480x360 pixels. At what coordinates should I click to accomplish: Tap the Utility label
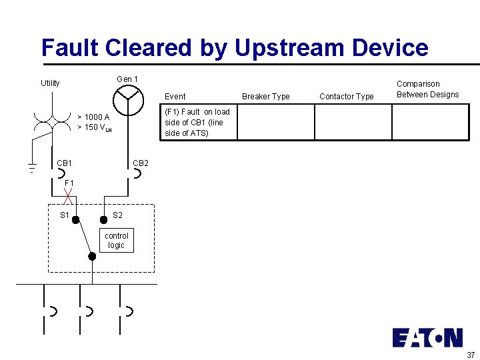(50, 83)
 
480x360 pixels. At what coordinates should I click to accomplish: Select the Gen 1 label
(127, 79)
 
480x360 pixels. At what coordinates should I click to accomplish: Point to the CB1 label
(65, 163)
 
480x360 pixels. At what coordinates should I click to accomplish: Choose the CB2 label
(141, 163)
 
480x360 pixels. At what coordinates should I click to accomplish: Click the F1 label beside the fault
(69, 183)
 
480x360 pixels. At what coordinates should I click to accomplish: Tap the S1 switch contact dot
(76, 219)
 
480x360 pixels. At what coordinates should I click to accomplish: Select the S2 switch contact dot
(103, 219)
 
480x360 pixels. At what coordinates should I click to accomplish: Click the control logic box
(117, 241)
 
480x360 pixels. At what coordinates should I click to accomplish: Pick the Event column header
(175, 97)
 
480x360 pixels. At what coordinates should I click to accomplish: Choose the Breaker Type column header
(266, 97)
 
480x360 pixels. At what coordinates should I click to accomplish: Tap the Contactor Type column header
(347, 97)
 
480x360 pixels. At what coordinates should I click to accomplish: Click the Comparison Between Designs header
(428, 89)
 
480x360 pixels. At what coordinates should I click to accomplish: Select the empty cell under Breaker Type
(275, 122)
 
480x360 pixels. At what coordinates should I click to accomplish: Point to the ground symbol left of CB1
(31, 168)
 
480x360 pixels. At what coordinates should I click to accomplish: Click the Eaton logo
(427, 337)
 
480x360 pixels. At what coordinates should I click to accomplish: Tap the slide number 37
(471, 355)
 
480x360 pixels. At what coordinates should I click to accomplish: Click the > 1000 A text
(93, 117)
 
